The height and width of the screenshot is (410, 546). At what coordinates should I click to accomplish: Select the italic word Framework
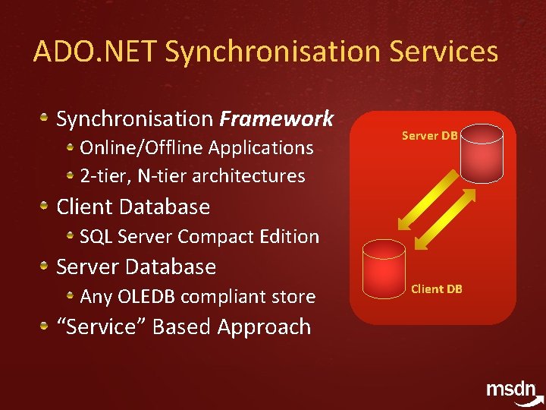point(276,118)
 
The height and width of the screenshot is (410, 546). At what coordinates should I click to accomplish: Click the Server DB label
point(429,136)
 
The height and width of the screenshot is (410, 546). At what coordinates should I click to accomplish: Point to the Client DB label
point(437,289)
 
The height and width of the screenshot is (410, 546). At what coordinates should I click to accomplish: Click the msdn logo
point(513,390)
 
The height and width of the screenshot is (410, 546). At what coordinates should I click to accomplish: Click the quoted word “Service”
point(102,326)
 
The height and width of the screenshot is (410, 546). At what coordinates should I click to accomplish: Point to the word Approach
point(264,327)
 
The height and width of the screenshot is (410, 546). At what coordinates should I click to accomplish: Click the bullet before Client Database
point(45,206)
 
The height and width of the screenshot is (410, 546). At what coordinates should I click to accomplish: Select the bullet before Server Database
point(45,266)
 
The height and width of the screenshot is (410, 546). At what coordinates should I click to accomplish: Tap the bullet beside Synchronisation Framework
point(45,118)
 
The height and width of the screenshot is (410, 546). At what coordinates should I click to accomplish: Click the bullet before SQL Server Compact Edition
point(70,235)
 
